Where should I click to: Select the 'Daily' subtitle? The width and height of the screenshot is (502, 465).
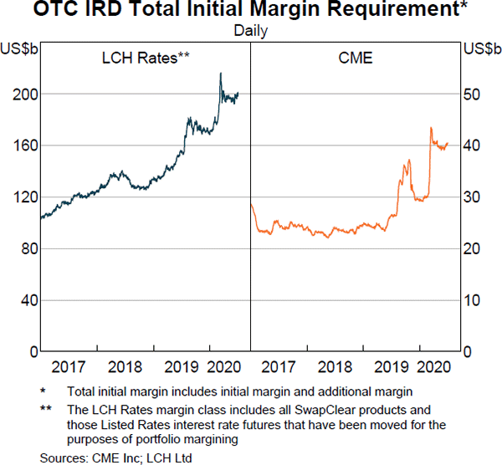pyautogui.click(x=251, y=31)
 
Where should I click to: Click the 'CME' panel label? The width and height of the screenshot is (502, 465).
pyautogui.click(x=356, y=58)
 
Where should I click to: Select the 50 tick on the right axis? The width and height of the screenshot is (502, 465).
pyautogui.click(x=474, y=94)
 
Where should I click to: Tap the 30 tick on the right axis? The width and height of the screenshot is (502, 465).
pyautogui.click(x=474, y=197)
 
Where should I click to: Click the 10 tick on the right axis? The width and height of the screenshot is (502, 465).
pyautogui.click(x=474, y=300)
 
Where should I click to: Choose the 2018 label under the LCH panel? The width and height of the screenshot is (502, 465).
pyautogui.click(x=124, y=366)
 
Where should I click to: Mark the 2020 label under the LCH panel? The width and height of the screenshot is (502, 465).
pyautogui.click(x=224, y=366)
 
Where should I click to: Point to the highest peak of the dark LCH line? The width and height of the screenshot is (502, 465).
pyautogui.click(x=220, y=74)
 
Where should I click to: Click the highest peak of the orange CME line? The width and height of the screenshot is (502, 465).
pyautogui.click(x=430, y=128)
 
